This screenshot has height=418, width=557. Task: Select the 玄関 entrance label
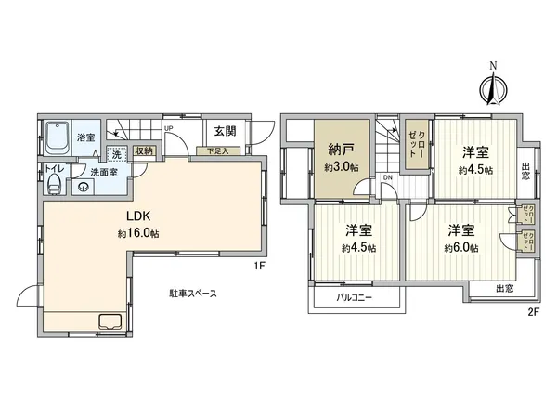pos(225,132)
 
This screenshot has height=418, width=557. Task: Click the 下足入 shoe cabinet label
pos(217,150)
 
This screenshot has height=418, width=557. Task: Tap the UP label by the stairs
pos(168,128)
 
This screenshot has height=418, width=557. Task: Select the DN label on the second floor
pos(388,177)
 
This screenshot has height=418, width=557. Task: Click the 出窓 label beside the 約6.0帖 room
pos(505,288)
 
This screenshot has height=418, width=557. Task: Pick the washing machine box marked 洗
pos(116,155)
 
